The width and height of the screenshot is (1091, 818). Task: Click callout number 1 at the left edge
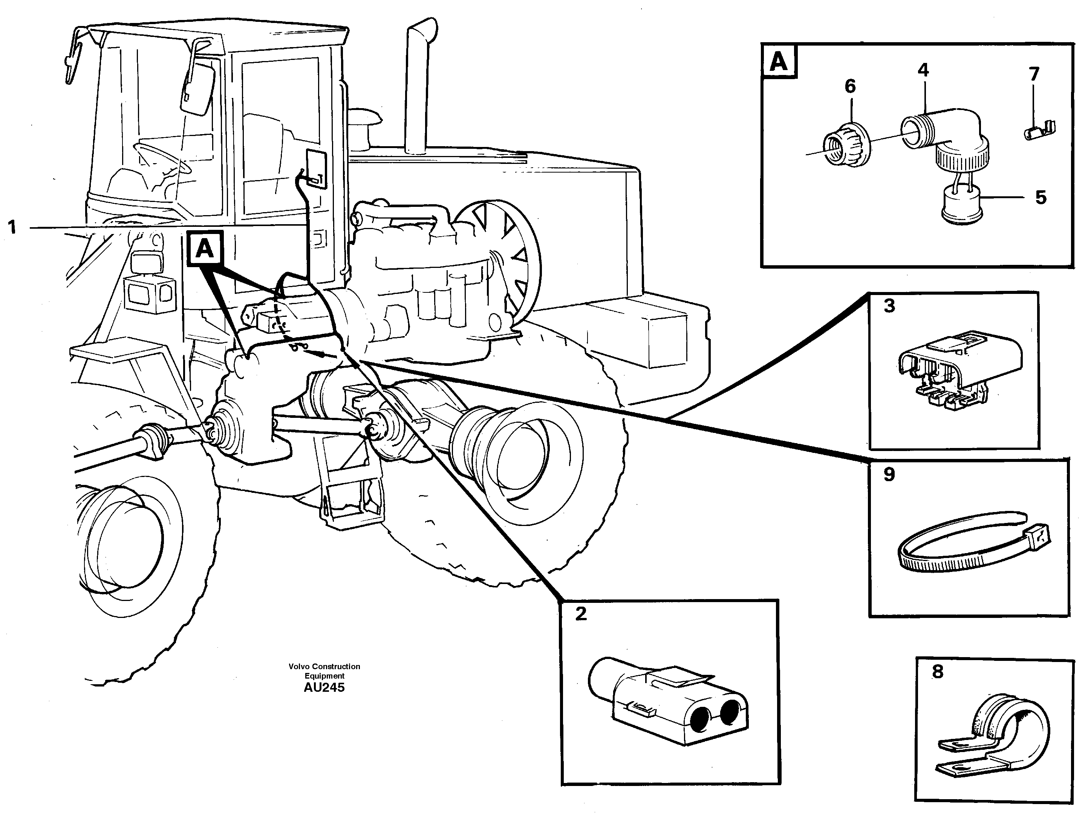12,228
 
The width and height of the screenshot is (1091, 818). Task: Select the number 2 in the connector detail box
581,614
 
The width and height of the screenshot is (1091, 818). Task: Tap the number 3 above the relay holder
889,306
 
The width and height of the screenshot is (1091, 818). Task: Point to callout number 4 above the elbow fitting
923,70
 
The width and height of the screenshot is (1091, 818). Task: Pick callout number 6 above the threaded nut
850,86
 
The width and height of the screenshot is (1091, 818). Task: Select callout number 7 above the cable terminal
1034,74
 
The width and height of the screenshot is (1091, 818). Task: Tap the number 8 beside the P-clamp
938,671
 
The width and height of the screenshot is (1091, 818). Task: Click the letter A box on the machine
205,249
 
